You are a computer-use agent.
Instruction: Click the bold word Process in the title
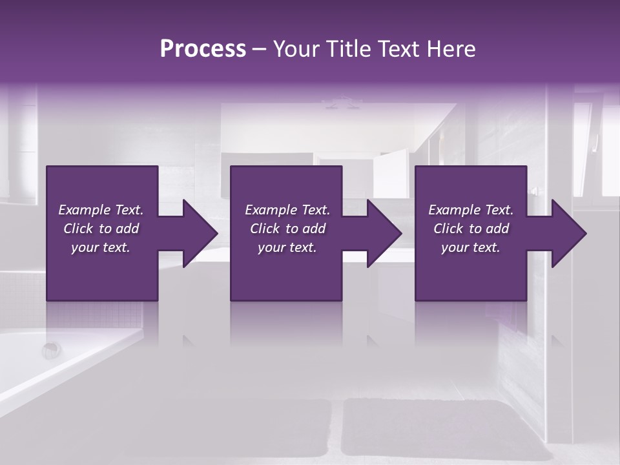point(203,49)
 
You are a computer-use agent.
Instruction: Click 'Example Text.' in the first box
point(101,210)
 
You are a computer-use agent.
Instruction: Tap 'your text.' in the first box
point(101,247)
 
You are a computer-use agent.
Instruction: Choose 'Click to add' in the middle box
point(287,229)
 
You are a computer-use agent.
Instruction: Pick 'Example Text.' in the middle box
point(287,210)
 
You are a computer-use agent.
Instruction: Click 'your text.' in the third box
point(471,247)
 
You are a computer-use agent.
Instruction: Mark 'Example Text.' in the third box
point(471,210)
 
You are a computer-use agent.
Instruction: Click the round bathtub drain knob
point(51,350)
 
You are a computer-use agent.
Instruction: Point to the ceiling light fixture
point(342,101)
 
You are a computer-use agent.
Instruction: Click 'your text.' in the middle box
point(287,247)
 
